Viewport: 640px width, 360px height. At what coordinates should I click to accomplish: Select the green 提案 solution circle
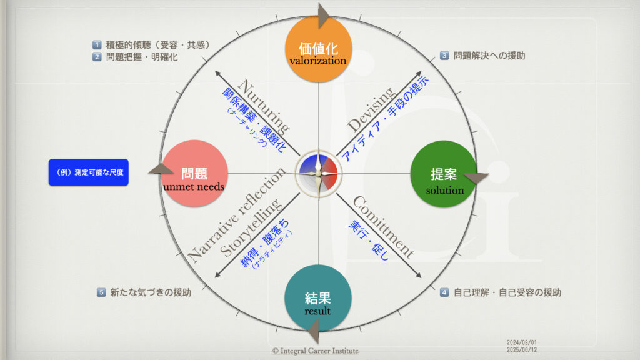click(x=443, y=173)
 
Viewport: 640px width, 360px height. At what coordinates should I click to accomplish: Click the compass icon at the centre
click(x=319, y=172)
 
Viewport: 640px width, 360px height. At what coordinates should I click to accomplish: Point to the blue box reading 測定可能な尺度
click(x=88, y=172)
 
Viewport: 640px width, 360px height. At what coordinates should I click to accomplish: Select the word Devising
click(x=371, y=109)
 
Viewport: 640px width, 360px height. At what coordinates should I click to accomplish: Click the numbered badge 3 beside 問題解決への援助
click(x=444, y=55)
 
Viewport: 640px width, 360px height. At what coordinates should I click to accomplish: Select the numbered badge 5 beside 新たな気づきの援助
click(x=101, y=292)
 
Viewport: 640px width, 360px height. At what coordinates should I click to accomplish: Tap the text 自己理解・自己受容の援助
click(x=507, y=292)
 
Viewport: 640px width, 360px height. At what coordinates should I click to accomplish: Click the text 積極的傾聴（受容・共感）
click(x=157, y=45)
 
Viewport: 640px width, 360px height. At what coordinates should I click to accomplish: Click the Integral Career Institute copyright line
click(x=316, y=351)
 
